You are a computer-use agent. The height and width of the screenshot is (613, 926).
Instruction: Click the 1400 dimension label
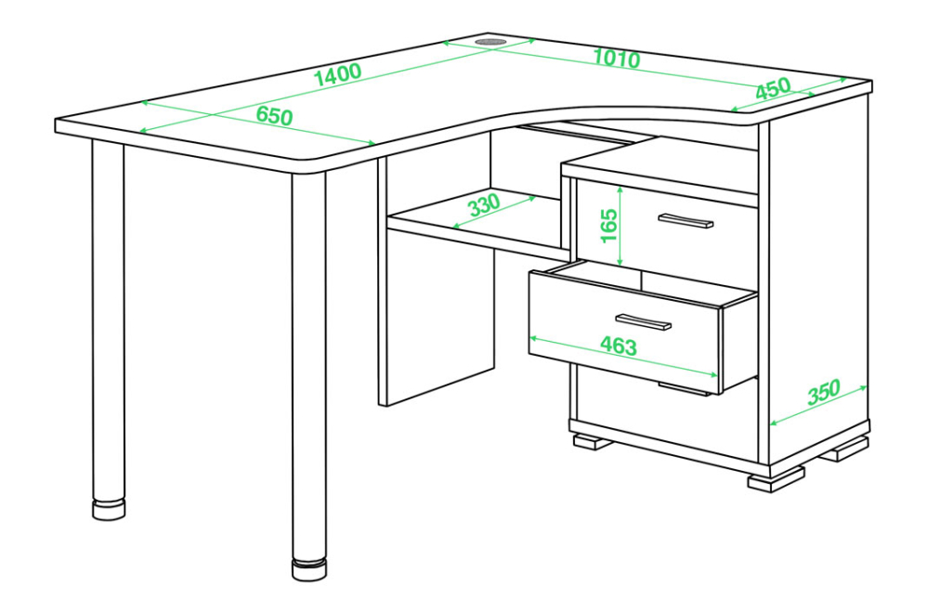click(x=338, y=74)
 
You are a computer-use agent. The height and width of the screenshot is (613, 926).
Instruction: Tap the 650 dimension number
click(x=275, y=115)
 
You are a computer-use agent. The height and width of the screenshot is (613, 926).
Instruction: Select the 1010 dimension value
click(x=616, y=58)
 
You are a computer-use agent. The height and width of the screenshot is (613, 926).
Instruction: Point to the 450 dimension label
click(x=773, y=88)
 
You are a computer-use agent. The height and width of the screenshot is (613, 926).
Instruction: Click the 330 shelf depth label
click(x=484, y=205)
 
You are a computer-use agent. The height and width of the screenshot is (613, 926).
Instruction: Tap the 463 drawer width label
click(x=619, y=346)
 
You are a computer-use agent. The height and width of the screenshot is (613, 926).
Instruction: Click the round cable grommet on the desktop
click(x=491, y=43)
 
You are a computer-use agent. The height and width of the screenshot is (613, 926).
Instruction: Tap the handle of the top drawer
click(x=685, y=220)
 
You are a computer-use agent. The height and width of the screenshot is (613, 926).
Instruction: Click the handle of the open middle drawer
click(x=643, y=322)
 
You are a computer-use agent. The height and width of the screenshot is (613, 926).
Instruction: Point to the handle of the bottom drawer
click(x=685, y=389)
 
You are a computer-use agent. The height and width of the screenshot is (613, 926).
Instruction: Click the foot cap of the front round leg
click(x=309, y=569)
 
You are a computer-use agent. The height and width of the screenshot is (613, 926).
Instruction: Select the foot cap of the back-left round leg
click(x=109, y=510)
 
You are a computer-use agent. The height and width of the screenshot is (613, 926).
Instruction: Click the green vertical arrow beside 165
click(x=620, y=226)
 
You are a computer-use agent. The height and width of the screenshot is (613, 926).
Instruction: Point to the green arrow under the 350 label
click(x=818, y=405)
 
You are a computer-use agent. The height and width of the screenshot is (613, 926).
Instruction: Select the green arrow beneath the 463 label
click(x=623, y=357)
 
